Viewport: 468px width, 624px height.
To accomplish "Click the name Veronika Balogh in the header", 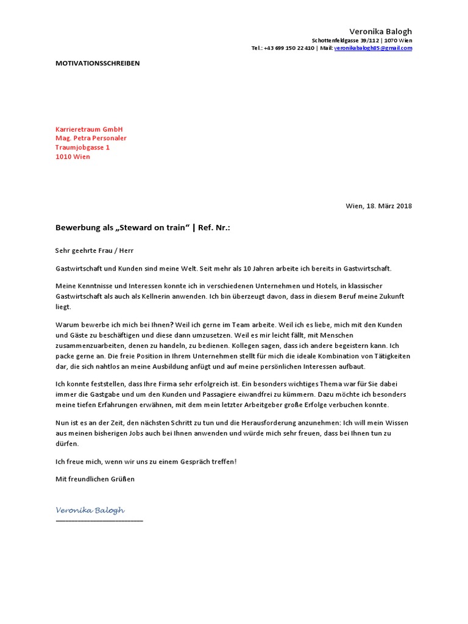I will [380, 31].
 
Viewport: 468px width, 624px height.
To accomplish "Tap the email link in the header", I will [373, 48].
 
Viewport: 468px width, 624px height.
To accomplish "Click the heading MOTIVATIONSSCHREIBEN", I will [97, 63].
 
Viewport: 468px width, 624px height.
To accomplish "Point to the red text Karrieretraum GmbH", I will [89, 129].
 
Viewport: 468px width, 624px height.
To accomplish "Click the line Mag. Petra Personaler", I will [91, 138].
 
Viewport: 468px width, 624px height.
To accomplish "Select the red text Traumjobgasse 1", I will [82, 147].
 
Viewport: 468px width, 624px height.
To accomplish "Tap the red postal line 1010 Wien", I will [73, 157].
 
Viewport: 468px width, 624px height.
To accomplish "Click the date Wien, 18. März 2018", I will [379, 206].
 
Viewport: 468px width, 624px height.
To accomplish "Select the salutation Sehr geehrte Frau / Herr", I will [94, 250].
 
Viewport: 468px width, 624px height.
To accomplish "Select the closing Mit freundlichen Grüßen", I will [95, 479].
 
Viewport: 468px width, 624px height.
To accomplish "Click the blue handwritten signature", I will [90, 510].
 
